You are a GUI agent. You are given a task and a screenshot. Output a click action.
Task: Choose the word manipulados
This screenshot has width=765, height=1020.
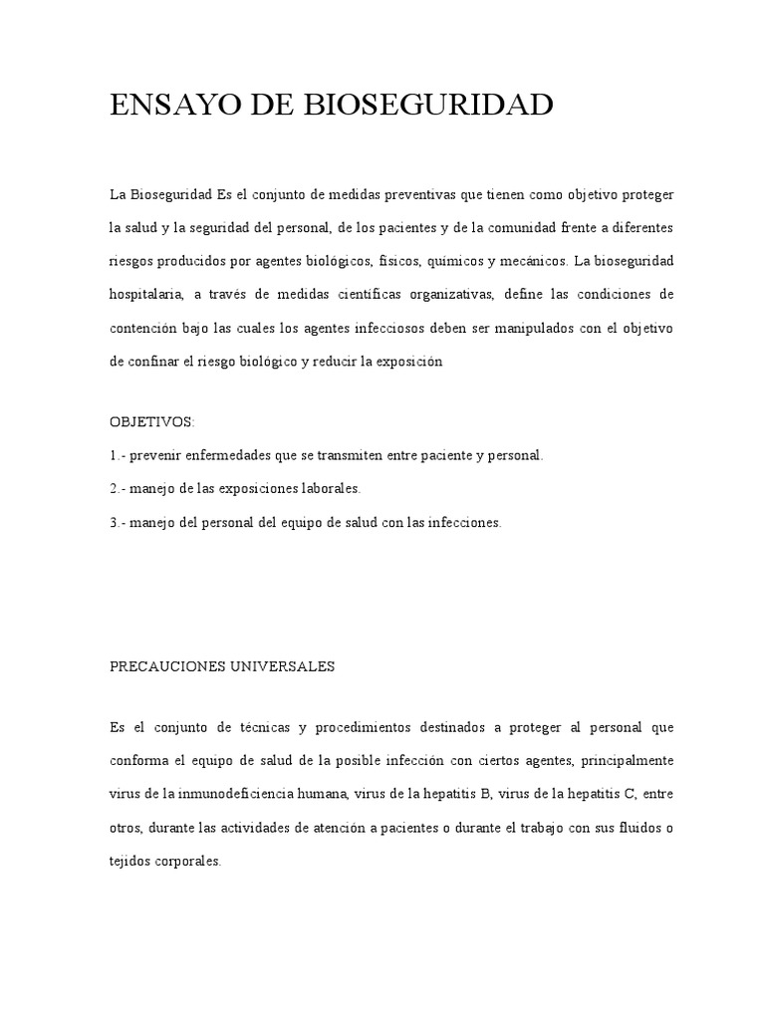click(547, 329)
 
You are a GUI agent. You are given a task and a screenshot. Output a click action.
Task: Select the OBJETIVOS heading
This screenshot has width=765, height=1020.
click(151, 421)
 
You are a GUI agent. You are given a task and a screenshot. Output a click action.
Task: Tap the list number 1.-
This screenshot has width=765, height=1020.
click(118, 455)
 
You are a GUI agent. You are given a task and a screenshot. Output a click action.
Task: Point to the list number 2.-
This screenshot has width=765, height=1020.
click(118, 489)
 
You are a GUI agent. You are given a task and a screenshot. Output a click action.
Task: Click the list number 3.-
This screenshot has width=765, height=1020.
click(118, 522)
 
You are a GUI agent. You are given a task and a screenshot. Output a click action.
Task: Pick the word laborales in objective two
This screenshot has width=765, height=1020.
click(331, 489)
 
